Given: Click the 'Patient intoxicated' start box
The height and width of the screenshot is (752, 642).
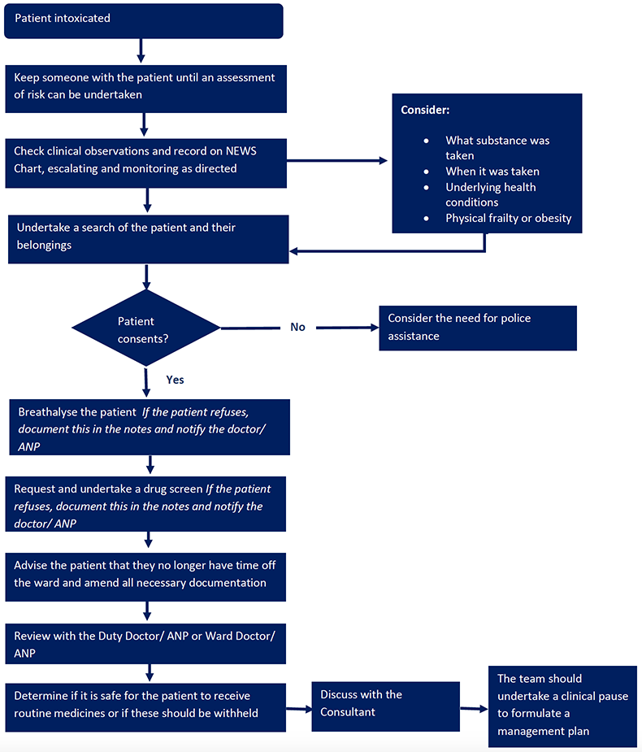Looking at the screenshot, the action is [x=143, y=21].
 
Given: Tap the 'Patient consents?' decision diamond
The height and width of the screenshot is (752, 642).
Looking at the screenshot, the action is [x=145, y=328].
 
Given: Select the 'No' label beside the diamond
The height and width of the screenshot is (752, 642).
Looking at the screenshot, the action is [x=297, y=327].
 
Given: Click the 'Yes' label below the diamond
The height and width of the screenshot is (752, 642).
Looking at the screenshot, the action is [x=175, y=380].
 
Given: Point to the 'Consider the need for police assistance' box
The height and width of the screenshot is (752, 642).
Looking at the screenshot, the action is [x=478, y=328].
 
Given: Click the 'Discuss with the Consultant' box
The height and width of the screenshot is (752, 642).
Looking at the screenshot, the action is [x=385, y=706].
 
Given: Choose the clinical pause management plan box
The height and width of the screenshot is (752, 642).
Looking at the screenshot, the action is [x=562, y=706].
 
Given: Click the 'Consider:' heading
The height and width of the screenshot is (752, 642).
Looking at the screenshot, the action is [x=425, y=110].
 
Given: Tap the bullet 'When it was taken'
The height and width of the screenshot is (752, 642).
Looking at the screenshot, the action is [x=492, y=172].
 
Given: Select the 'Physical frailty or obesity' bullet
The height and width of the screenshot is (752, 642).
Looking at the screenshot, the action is [x=508, y=218].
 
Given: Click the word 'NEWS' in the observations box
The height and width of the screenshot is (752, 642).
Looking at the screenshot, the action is [x=241, y=151].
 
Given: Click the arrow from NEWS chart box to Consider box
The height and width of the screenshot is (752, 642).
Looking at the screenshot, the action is [x=337, y=161].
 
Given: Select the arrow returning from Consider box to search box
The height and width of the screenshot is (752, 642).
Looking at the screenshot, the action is [x=388, y=250].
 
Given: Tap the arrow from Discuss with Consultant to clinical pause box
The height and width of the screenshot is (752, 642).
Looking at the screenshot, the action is [x=474, y=708].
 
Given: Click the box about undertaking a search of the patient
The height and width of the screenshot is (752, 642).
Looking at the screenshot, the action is [x=148, y=239].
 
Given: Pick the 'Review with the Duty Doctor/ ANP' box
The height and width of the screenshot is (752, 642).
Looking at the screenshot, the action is [x=145, y=644].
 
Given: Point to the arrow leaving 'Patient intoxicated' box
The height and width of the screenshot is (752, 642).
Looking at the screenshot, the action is [x=141, y=50].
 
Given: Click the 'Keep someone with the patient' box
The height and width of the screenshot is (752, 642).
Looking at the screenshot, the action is [x=145, y=89].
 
